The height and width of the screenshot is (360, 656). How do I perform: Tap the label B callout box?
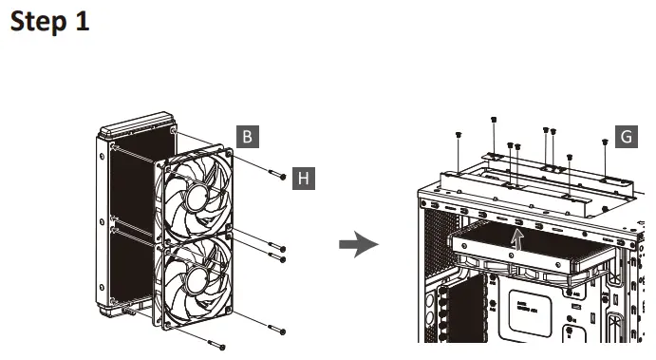[x=247, y=137]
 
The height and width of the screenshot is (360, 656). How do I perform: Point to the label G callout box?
[x=627, y=137]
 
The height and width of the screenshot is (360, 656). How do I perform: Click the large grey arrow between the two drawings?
[x=359, y=245]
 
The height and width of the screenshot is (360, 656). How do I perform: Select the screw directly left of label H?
[x=277, y=177]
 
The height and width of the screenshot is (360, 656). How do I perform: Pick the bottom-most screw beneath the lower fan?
[x=217, y=343]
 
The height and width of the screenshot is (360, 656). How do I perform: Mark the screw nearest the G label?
[x=605, y=142]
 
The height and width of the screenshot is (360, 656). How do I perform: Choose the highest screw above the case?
[x=495, y=120]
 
